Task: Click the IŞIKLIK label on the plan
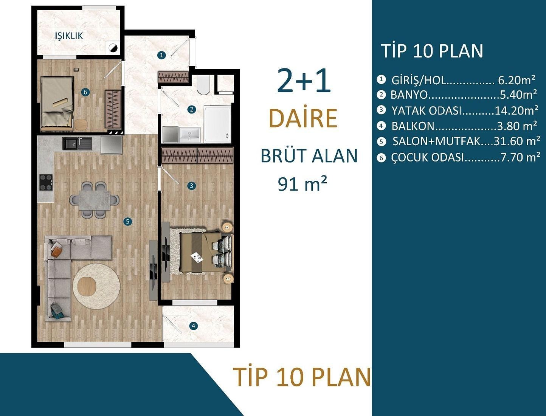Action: click(69, 36)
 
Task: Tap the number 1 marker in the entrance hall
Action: click(162, 55)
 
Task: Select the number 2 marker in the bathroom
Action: click(192, 109)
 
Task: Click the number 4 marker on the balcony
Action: click(194, 326)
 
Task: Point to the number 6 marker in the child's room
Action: click(85, 92)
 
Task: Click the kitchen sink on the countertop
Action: click(77, 143)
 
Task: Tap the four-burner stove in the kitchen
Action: click(46, 183)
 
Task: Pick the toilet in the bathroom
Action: click(203, 85)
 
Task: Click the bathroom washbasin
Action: click(189, 135)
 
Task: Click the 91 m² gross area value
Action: click(302, 184)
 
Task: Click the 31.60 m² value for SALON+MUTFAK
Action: click(517, 141)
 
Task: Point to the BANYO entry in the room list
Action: click(409, 95)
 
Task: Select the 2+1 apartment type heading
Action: click(304, 81)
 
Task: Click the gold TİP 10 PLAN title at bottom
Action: click(302, 377)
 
